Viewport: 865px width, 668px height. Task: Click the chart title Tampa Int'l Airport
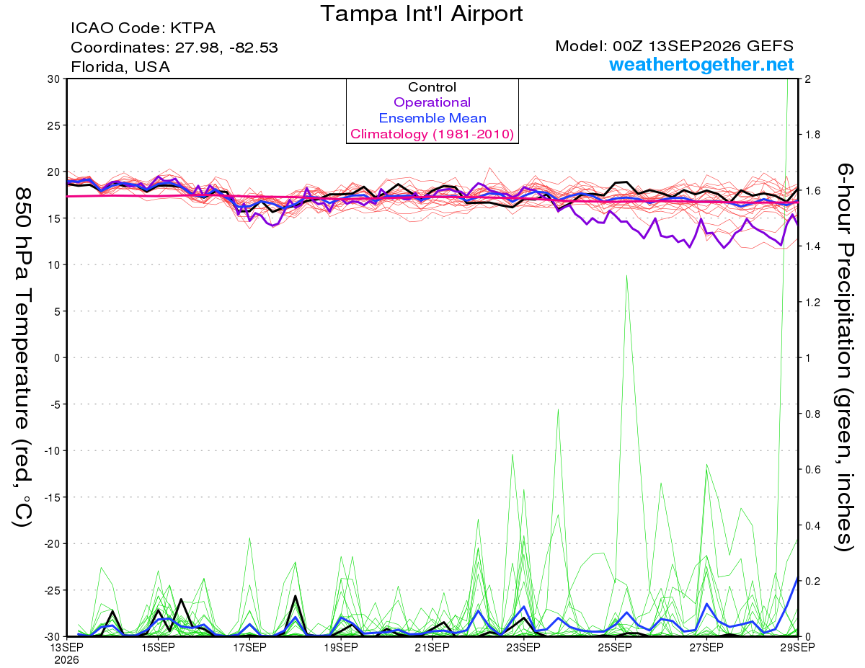click(x=421, y=14)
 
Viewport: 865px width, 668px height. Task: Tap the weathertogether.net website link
click(x=701, y=65)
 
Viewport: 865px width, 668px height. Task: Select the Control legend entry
click(x=432, y=87)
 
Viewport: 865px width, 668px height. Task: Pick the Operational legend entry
click(x=432, y=102)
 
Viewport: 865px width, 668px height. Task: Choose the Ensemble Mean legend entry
click(x=432, y=118)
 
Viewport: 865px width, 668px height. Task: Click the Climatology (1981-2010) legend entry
click(x=432, y=134)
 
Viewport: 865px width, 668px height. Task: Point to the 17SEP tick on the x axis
click(x=249, y=648)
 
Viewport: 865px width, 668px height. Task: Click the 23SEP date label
click(x=523, y=648)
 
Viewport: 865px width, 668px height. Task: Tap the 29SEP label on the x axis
click(x=798, y=648)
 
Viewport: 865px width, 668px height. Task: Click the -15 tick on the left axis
click(x=52, y=497)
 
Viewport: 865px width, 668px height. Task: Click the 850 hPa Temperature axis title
click(x=22, y=357)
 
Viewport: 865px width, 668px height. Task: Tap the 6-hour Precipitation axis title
click(x=844, y=357)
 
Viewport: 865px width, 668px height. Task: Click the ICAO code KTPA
click(x=192, y=28)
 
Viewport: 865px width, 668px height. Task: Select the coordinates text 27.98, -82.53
click(x=226, y=48)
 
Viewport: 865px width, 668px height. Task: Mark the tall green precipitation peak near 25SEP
click(x=626, y=275)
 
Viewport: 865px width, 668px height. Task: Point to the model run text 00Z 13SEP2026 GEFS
click(x=703, y=46)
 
